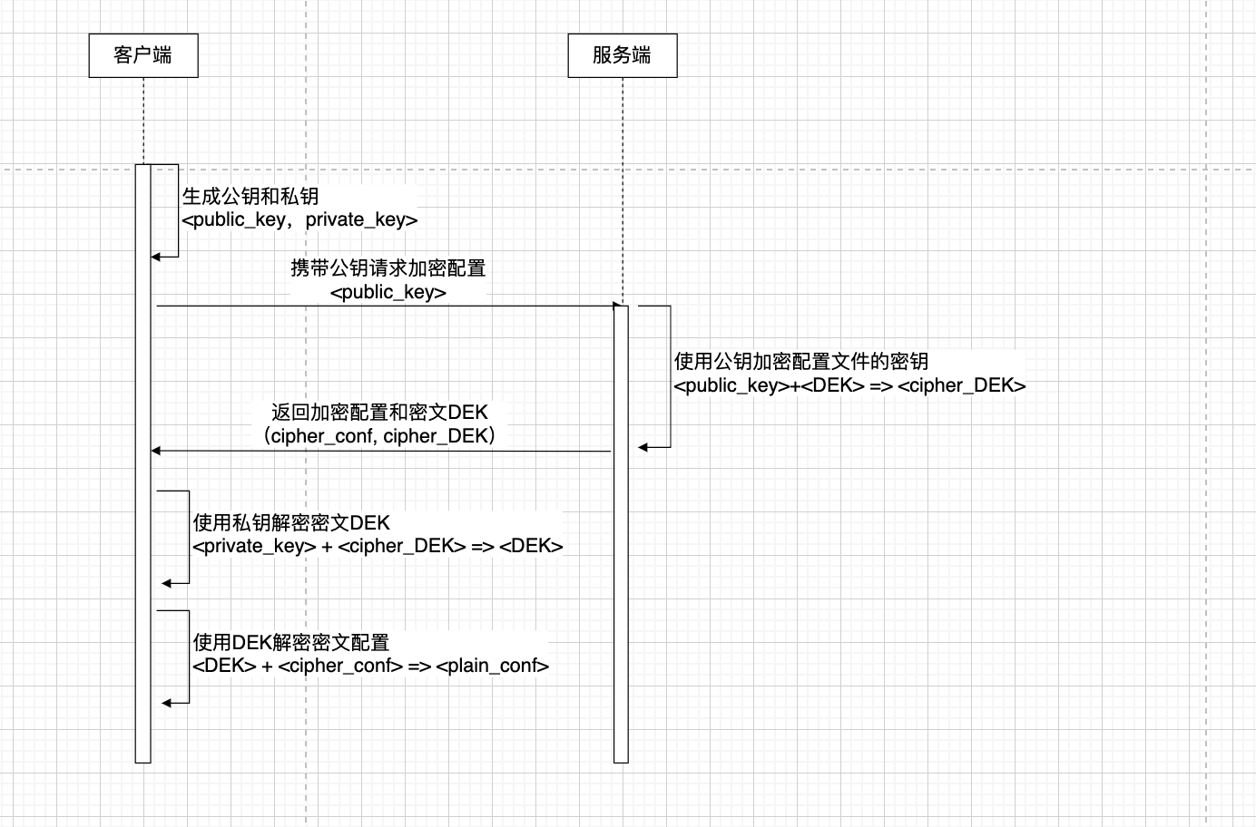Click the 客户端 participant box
[x=143, y=55]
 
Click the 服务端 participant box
[x=622, y=55]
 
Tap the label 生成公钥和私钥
[x=250, y=196]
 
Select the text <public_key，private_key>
[x=299, y=219]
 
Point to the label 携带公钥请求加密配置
[x=388, y=268]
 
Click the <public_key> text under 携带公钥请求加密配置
[x=388, y=292]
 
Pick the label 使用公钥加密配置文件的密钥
[x=800, y=361]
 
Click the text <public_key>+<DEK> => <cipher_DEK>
[x=849, y=385]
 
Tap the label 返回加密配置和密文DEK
[x=379, y=412]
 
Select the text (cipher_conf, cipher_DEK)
[x=379, y=436]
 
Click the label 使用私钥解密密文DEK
[x=291, y=522]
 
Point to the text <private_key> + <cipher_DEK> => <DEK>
[x=378, y=546]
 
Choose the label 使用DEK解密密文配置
[x=291, y=642]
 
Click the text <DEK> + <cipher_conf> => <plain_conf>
[x=370, y=666]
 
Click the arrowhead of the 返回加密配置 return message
[x=156, y=451]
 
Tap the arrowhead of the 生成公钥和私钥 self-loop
[x=156, y=257]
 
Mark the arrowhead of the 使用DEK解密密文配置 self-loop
[x=167, y=703]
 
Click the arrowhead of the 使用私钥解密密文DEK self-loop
[x=167, y=583]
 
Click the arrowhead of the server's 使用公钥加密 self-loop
[x=643, y=447]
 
